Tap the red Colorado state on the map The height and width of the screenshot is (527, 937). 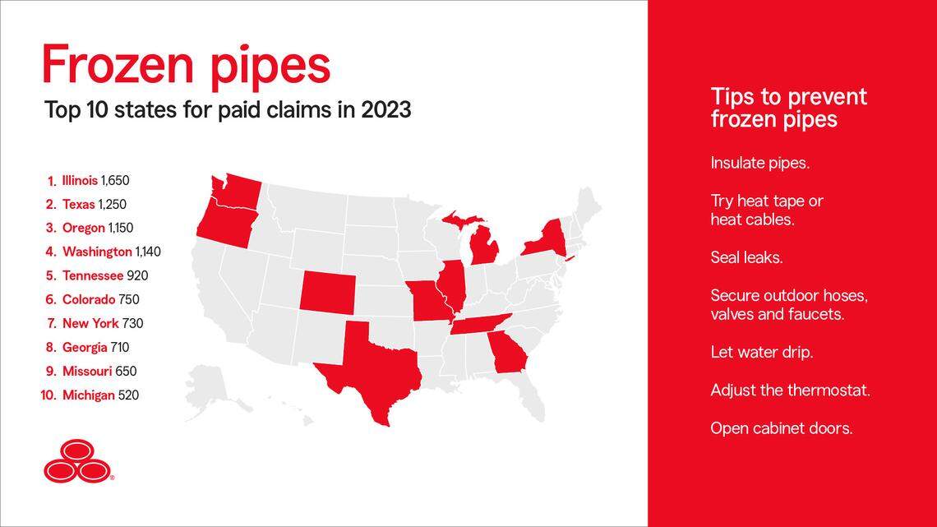tap(327, 291)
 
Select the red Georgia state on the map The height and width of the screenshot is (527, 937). tap(507, 354)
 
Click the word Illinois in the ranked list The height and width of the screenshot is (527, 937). tap(80, 180)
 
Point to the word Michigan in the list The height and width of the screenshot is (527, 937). tap(88, 395)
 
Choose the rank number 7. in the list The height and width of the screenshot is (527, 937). tap(51, 324)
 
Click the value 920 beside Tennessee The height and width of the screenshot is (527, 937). tap(138, 276)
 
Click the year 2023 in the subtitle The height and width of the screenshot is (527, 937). tap(385, 109)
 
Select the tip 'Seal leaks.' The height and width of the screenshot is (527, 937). tap(746, 257)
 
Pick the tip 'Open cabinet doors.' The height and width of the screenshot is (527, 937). tap(781, 428)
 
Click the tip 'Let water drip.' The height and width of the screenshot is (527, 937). tap(761, 352)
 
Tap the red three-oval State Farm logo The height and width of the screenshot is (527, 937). tap(76, 460)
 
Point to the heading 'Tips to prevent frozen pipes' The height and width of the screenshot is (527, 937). tap(788, 108)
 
